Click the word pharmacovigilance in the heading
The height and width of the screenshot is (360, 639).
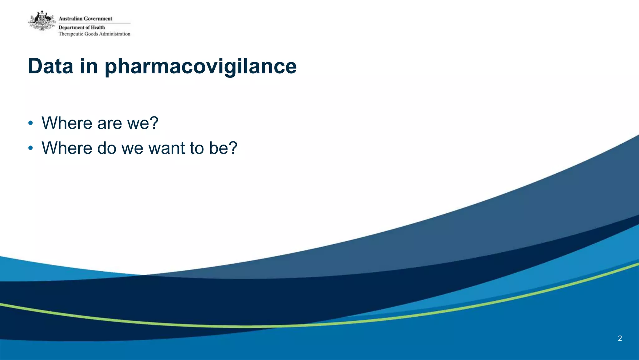[200, 67]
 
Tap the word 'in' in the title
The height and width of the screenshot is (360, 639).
[89, 66]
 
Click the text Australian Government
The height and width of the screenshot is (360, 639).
[85, 19]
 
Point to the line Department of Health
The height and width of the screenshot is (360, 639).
[82, 27]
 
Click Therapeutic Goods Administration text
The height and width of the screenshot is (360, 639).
[94, 34]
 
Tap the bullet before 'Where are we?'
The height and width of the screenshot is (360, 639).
[30, 123]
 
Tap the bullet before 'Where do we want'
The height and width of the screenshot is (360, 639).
[30, 148]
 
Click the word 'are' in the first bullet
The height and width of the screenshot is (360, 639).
[109, 123]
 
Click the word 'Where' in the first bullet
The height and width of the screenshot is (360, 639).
[67, 123]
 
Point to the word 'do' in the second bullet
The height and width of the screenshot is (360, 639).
[107, 148]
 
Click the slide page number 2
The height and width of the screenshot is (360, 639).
[620, 338]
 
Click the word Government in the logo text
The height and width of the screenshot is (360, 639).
[98, 19]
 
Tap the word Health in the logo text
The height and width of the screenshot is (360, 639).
[98, 27]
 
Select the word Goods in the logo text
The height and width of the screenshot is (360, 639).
[91, 34]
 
